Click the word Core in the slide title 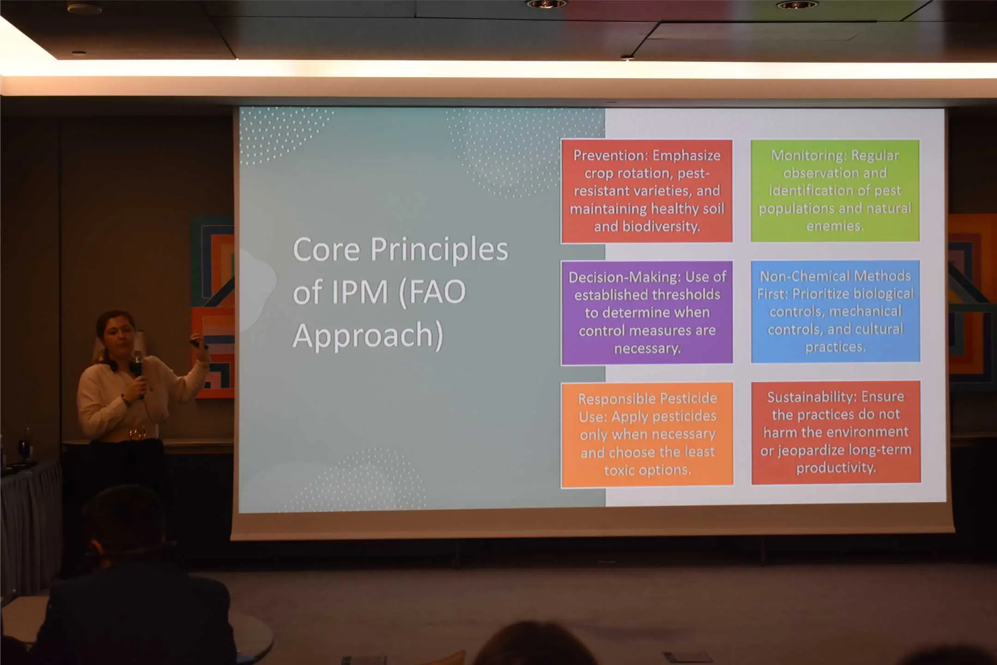coord(326,250)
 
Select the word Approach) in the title coord(368,336)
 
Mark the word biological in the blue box coord(883,294)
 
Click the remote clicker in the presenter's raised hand coord(197,343)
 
